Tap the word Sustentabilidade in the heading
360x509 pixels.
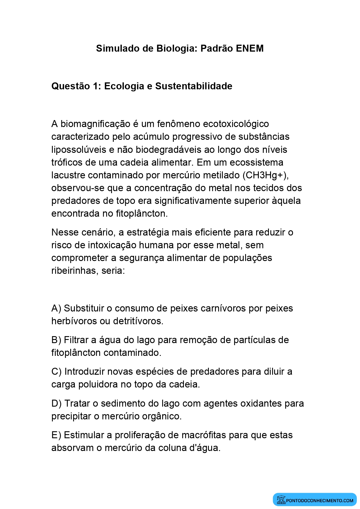tap(193, 86)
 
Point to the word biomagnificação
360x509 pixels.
tap(95, 124)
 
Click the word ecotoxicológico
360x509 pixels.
tap(236, 124)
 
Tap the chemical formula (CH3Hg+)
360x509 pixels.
tap(265, 175)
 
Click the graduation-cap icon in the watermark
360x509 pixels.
tap(281, 499)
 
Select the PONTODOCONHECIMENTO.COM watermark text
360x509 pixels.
tap(319, 500)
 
